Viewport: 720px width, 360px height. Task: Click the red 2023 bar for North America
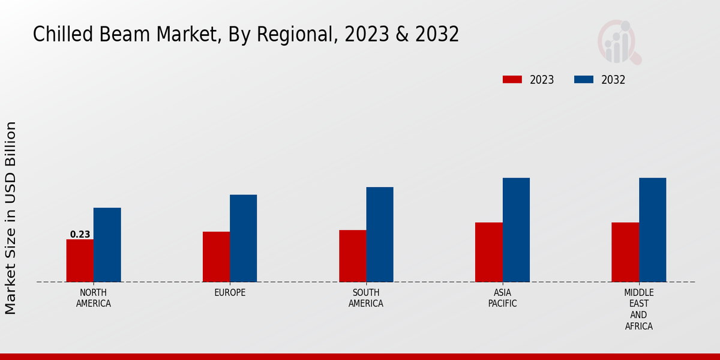coord(80,260)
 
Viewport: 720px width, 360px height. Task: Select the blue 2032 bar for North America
coord(107,245)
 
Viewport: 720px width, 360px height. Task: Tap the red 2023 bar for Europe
coord(216,257)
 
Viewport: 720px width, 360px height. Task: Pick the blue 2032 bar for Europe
coord(243,238)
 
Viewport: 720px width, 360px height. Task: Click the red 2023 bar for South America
coord(352,256)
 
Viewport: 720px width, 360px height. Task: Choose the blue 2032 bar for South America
coord(380,235)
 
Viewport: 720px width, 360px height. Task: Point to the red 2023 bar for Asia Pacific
coord(489,252)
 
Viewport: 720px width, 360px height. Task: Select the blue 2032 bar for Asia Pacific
coord(516,230)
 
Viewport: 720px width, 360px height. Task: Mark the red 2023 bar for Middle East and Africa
coord(625,252)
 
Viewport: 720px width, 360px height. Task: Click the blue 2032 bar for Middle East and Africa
coord(652,230)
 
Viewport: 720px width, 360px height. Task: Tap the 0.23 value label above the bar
coord(80,235)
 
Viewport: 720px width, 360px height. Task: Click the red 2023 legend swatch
coord(512,80)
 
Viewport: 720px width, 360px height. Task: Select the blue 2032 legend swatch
coord(584,80)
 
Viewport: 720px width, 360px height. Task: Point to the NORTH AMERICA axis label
coord(93,298)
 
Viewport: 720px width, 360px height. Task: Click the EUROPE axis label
coord(230,293)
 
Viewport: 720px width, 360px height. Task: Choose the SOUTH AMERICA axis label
coord(366,298)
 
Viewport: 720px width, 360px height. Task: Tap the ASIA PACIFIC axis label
coord(502,298)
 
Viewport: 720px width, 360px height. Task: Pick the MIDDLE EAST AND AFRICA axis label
coord(638,310)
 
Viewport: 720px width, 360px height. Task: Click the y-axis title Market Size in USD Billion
coord(11,218)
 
